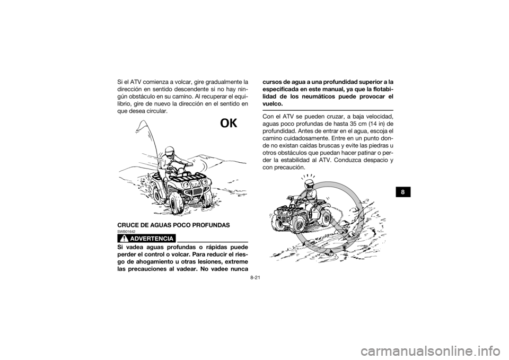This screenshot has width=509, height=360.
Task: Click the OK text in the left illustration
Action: [x=229, y=124]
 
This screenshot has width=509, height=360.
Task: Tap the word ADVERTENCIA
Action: [x=153, y=238]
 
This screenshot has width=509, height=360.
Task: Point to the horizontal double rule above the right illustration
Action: [x=329, y=110]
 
